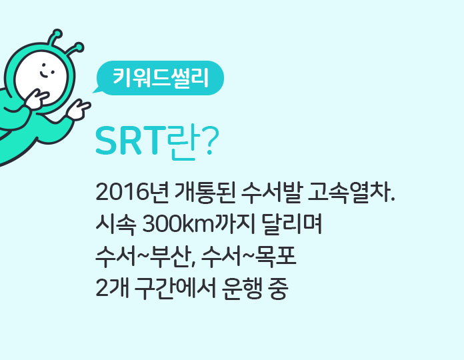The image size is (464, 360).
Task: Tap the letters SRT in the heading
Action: [130, 140]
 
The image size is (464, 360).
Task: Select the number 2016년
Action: [132, 192]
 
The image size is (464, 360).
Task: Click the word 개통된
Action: [205, 192]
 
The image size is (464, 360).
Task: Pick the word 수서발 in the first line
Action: [271, 192]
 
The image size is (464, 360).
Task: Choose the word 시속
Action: [116, 225]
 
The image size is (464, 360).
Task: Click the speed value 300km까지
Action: [199, 224]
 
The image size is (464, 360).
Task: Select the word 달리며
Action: [292, 224]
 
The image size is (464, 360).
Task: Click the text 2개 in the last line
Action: [112, 289]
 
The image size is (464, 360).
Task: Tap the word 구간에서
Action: [175, 289]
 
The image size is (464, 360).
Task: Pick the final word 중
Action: [278, 289]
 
